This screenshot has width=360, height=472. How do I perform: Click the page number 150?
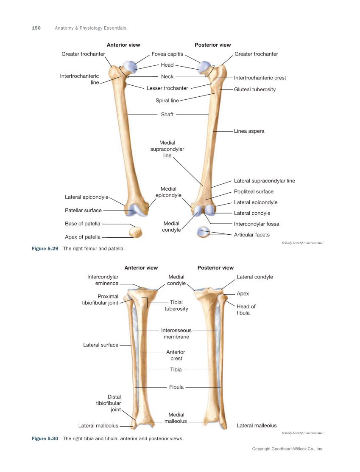[36, 28]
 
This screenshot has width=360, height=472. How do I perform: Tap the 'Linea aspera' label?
[249, 131]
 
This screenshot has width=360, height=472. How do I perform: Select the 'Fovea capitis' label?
[167, 54]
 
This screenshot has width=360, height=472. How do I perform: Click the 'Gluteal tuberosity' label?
[254, 90]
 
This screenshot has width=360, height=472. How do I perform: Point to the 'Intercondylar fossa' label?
[256, 224]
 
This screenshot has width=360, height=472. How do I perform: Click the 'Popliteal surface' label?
[254, 191]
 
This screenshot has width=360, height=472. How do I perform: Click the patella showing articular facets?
[204, 233]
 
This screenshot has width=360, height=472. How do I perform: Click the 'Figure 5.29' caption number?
[45, 248]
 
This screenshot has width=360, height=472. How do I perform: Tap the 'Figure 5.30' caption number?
[45, 438]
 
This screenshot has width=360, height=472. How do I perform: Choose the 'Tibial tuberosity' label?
[176, 306]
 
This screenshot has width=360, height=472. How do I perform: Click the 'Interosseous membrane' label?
[176, 333]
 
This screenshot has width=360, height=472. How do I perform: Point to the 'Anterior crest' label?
[176, 355]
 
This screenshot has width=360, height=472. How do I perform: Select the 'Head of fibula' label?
[246, 309]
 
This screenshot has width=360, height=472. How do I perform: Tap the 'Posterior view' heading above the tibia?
[215, 268]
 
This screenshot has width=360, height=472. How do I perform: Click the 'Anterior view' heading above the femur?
[123, 45]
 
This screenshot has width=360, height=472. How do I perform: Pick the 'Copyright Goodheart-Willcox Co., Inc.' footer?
[287, 449]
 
